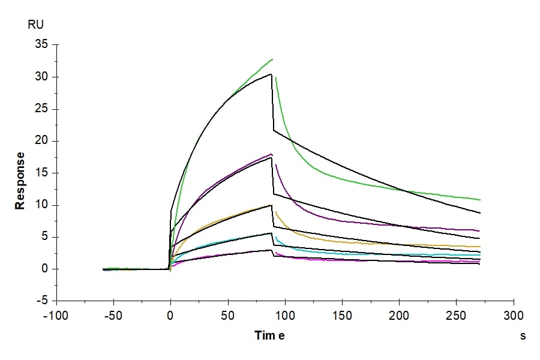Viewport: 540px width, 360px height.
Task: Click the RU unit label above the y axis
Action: tap(35, 25)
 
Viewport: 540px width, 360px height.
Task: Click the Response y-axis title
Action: tap(20, 180)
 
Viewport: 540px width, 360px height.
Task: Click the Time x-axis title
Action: tap(269, 335)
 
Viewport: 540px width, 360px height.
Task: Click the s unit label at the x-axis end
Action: tap(523, 336)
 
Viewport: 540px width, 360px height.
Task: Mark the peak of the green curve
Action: tap(272, 59)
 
